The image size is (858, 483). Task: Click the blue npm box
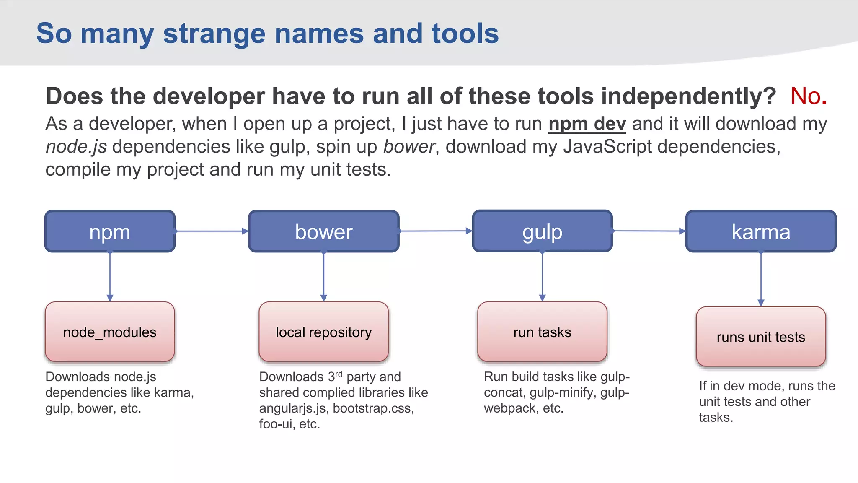pos(110,231)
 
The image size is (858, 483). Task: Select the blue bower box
pos(323,231)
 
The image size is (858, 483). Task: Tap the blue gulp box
pos(542,231)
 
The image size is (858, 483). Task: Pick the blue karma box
pos(761,231)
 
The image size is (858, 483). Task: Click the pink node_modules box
pos(110,332)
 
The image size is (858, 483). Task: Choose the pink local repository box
pos(323,332)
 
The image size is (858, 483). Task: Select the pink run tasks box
pos(542,332)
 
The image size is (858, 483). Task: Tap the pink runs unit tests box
pos(761,337)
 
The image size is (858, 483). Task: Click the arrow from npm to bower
pos(212,231)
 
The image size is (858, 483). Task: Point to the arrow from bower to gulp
pos(436,231)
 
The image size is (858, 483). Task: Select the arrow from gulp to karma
pos(649,231)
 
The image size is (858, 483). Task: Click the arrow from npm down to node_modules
pos(110,277)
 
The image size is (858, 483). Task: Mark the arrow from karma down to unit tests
pos(761,279)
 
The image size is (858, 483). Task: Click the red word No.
pos(808,96)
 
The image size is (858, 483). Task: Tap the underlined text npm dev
pos(587,124)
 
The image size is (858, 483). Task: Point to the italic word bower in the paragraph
pos(409,147)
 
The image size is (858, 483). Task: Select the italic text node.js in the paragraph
pos(76,147)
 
